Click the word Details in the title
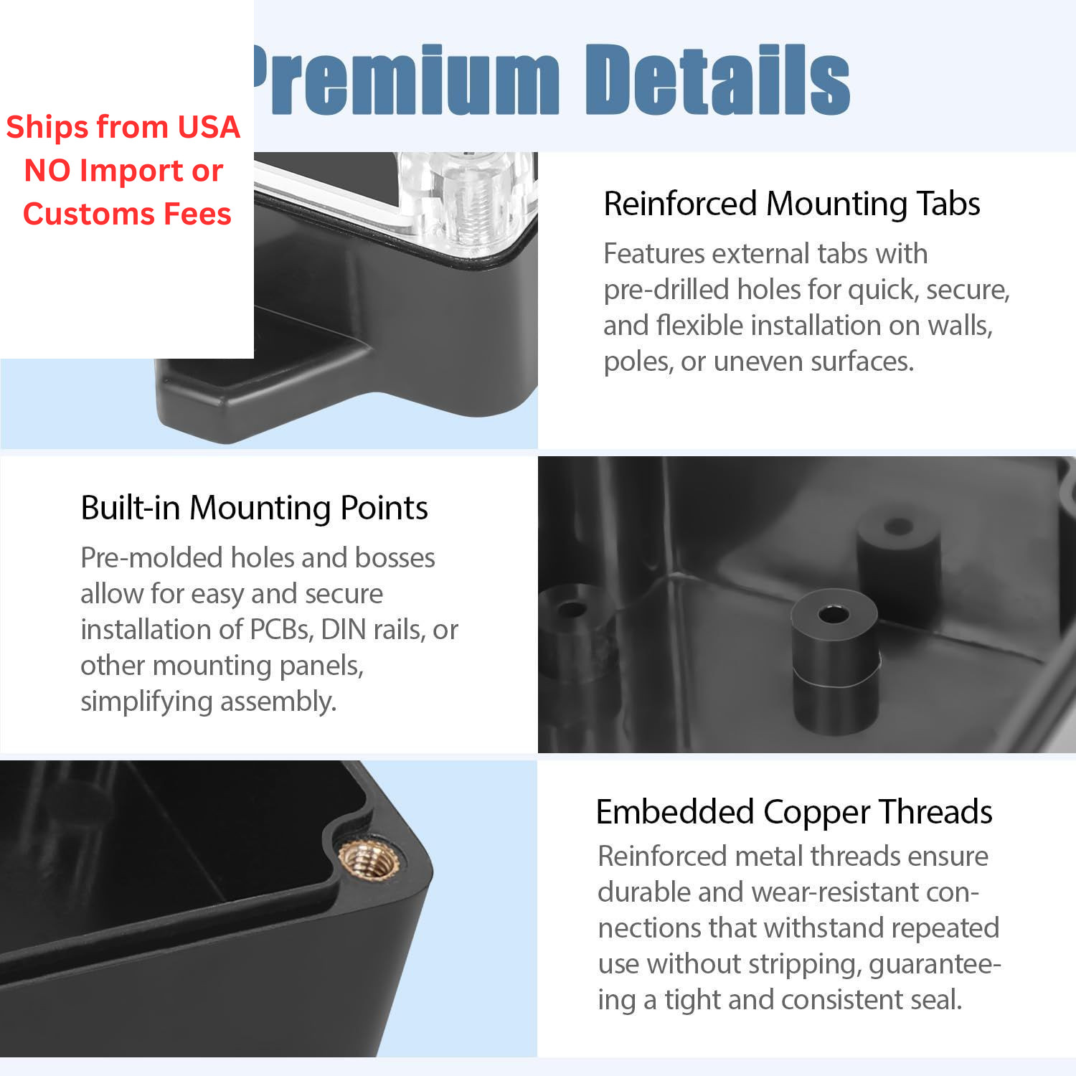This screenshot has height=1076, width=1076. [x=718, y=79]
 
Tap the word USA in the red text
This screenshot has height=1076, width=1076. [x=209, y=127]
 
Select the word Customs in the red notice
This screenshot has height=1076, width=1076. [x=88, y=214]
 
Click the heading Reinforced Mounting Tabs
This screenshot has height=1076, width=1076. [x=792, y=204]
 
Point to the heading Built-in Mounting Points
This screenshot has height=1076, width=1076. [x=254, y=508]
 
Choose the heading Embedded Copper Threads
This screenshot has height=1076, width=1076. [x=794, y=812]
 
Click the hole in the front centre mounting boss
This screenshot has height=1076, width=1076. [x=834, y=615]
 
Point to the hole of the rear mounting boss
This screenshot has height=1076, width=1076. [x=898, y=527]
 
